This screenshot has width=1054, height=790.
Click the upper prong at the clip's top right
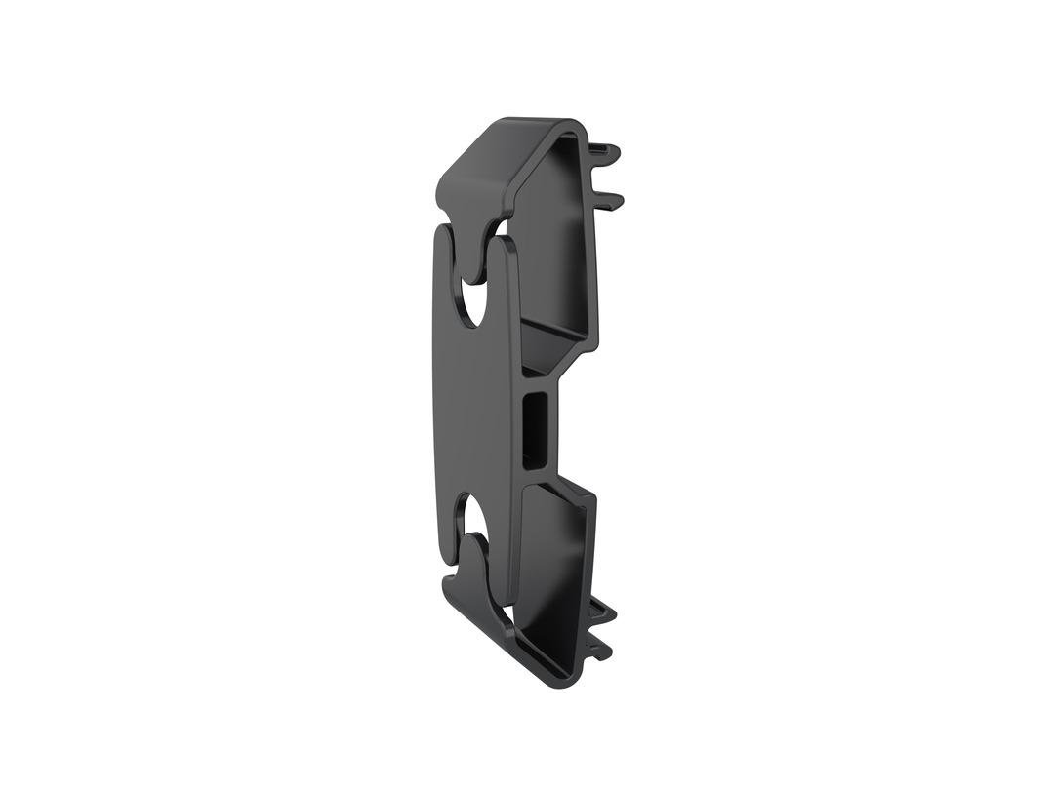coord(609,151)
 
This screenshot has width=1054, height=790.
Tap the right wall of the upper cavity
coord(589,254)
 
